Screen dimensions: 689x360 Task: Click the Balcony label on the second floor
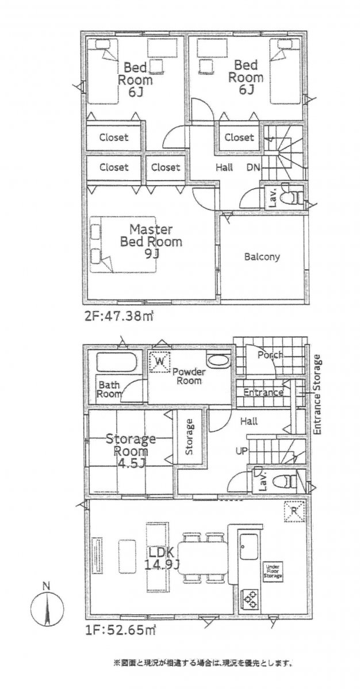point(262,257)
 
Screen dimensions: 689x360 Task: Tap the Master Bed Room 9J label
point(151,241)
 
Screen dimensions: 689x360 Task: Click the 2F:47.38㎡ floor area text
point(120,316)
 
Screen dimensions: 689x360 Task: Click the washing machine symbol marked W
point(160,362)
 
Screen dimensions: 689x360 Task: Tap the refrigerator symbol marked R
point(294,512)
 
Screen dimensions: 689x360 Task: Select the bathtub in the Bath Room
point(116,363)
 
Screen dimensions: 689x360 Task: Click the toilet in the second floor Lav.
point(293,197)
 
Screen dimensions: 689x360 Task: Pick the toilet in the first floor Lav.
point(282,480)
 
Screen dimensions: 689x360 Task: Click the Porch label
point(269,355)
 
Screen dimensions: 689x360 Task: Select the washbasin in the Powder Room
point(218,362)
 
